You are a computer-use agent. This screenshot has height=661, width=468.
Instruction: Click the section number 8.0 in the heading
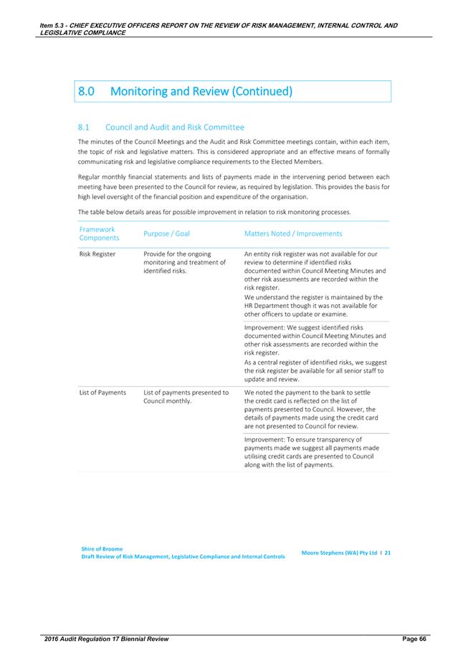click(x=88, y=92)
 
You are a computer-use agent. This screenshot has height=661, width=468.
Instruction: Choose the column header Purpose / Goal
click(x=167, y=233)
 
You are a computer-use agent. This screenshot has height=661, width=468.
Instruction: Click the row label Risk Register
click(x=97, y=254)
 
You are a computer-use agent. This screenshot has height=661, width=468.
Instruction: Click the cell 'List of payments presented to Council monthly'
click(x=186, y=397)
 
